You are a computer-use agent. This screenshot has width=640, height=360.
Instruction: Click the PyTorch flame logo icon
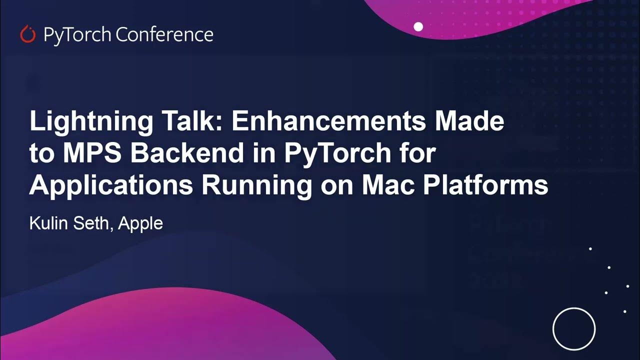(27, 34)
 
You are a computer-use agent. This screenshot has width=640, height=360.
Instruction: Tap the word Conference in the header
(164, 34)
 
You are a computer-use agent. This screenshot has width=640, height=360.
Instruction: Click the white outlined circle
(573, 328)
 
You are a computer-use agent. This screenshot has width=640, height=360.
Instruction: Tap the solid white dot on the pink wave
(418, 26)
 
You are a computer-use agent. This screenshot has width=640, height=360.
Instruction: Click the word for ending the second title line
(420, 153)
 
